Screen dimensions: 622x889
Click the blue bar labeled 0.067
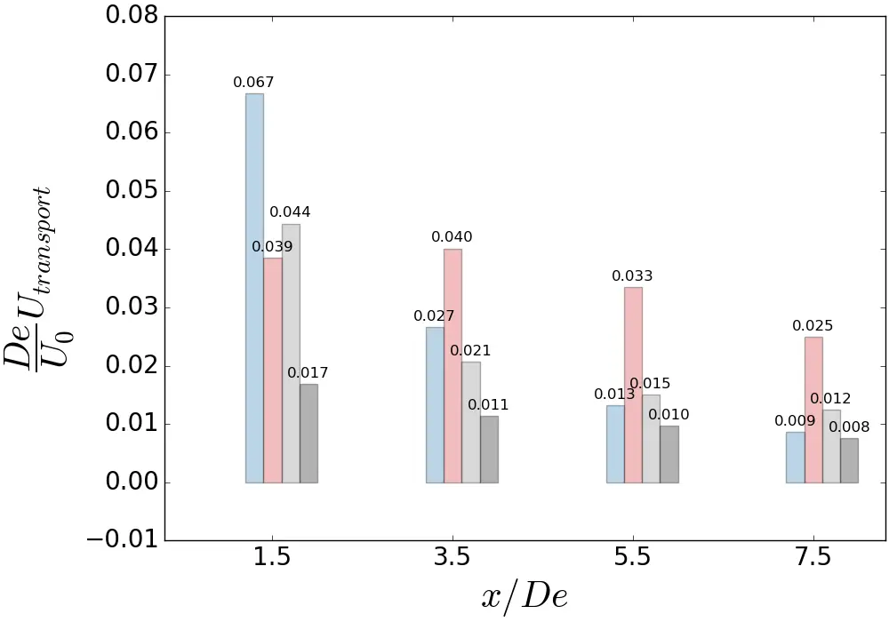tap(254, 288)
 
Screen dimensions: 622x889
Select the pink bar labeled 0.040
tap(453, 365)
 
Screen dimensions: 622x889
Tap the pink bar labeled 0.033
tap(633, 385)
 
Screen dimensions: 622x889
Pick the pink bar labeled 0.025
tap(813, 410)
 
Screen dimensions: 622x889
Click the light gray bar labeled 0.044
tap(291, 353)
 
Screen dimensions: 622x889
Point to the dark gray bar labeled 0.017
tap(308, 433)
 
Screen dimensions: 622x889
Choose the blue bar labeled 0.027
tap(435, 404)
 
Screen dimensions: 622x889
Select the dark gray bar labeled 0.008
tap(849, 460)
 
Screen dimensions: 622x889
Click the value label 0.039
tap(272, 247)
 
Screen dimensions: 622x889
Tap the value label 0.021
tap(470, 351)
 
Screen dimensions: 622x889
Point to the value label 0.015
tap(650, 384)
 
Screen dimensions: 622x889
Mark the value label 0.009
tap(795, 421)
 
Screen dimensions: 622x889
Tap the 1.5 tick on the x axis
tap(272, 558)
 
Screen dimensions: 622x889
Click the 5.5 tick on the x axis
tap(633, 558)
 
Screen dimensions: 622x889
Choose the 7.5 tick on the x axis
tap(813, 558)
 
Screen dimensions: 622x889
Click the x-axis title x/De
tap(525, 595)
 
